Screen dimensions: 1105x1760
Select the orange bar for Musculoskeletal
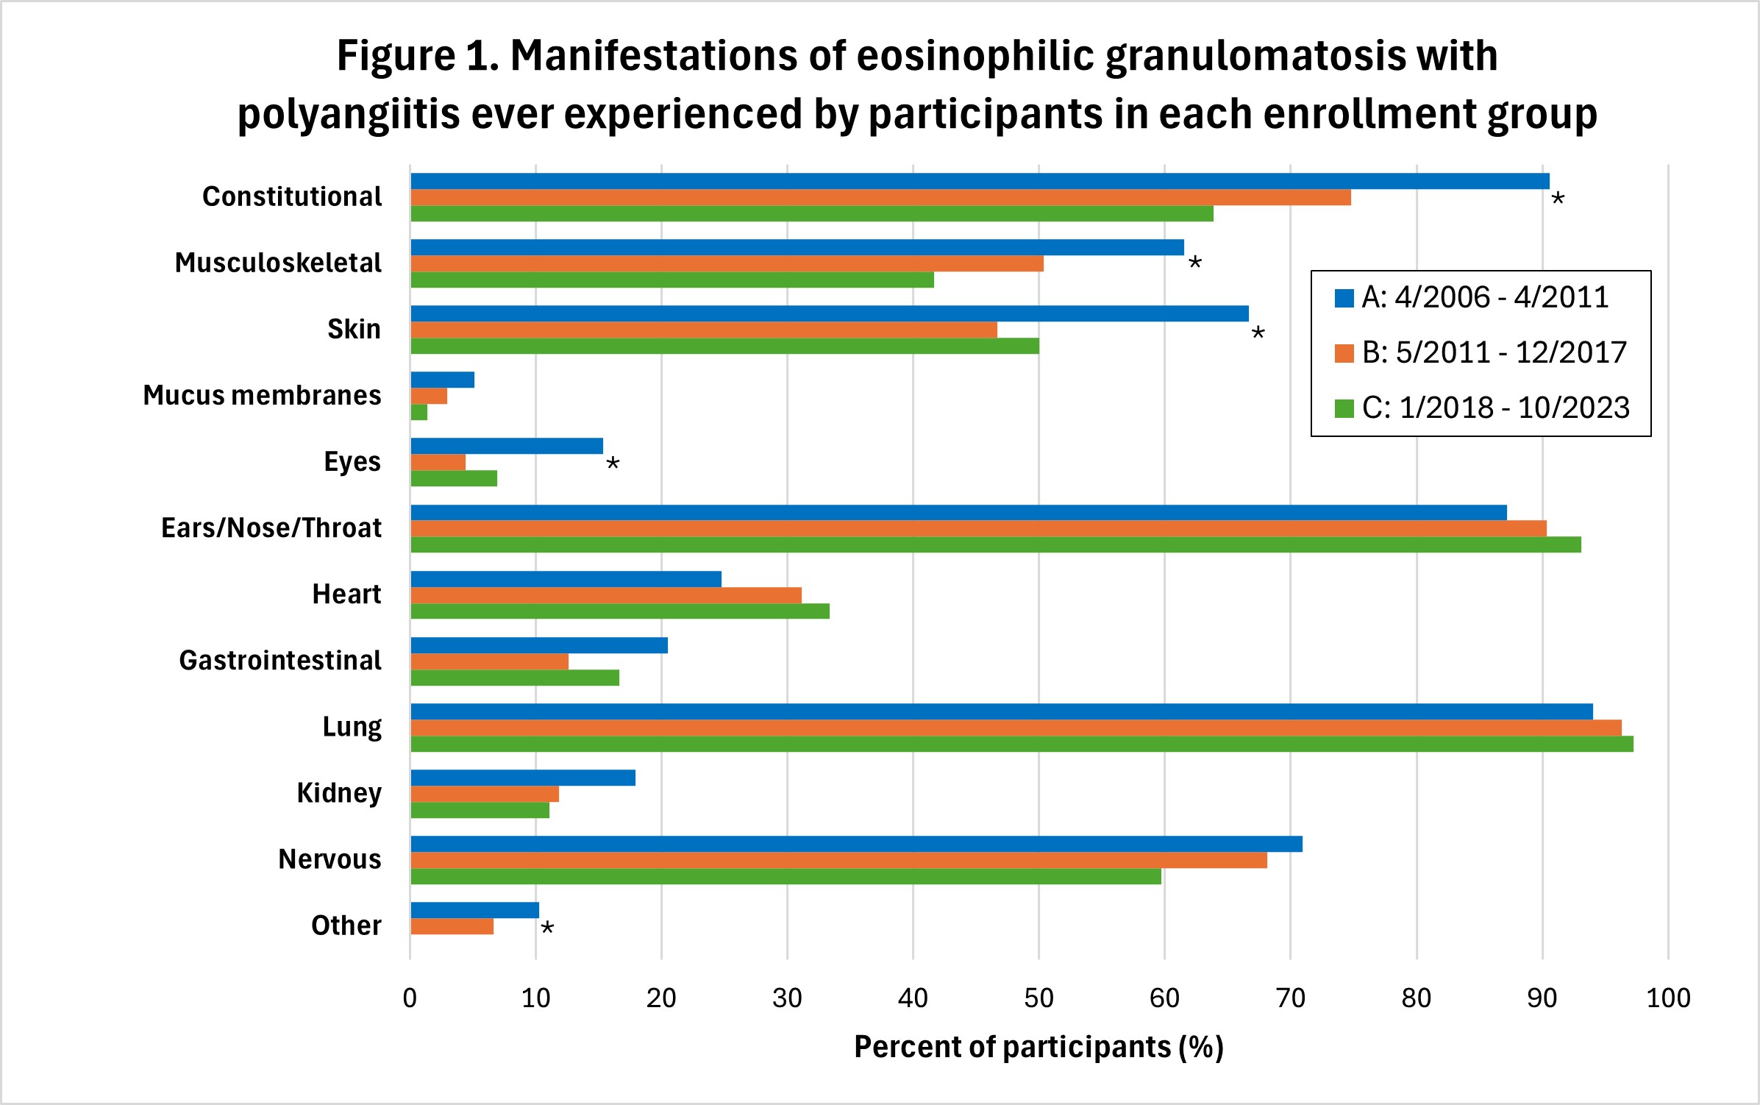(x=727, y=263)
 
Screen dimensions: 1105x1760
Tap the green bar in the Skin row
(x=724, y=346)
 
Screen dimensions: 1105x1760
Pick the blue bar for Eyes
(x=507, y=446)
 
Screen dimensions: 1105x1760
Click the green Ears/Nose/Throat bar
(x=995, y=544)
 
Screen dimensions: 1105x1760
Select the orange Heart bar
(x=606, y=595)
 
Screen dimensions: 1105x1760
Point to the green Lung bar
(x=1022, y=744)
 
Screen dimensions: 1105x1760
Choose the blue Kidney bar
(x=523, y=778)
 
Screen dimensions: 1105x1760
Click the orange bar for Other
(x=452, y=926)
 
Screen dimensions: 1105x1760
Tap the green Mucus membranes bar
(x=419, y=412)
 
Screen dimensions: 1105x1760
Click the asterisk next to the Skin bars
(x=1258, y=333)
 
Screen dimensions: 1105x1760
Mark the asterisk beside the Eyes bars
(x=613, y=463)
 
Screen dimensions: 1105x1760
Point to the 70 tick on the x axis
(x=1290, y=998)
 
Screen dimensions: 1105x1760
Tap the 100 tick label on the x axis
(x=1668, y=998)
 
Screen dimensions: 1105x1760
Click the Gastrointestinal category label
(x=280, y=661)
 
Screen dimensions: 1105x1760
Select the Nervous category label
(x=329, y=859)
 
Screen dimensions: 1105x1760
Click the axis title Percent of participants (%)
(x=1038, y=1047)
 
